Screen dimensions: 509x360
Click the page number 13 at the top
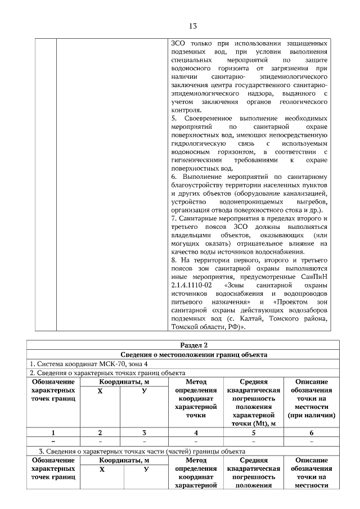[192, 26]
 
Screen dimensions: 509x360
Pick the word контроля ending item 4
[187, 110]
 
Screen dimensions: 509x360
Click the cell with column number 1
[53, 433]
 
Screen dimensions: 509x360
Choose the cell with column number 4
[196, 433]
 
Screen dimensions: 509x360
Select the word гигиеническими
[197, 160]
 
